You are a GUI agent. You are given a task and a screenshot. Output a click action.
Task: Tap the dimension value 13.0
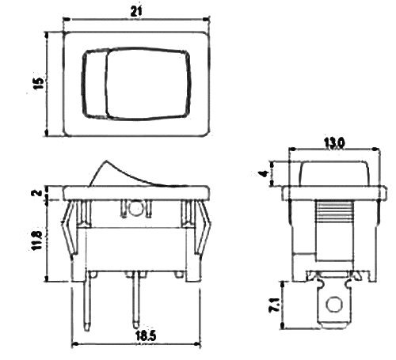(334, 142)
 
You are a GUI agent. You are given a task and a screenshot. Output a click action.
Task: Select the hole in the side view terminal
(334, 304)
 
